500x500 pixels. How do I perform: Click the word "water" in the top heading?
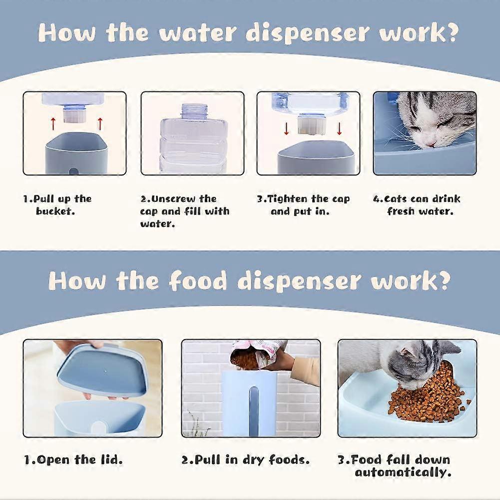[x=198, y=33]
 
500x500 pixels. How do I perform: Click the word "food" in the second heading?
[x=198, y=281]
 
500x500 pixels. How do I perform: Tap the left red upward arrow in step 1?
[x=53, y=124]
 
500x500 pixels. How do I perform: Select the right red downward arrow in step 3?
[x=339, y=129]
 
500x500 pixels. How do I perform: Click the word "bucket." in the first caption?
[x=55, y=211]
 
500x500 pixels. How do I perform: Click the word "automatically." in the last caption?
[x=403, y=472]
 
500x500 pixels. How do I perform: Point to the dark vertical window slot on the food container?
[x=254, y=411]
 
